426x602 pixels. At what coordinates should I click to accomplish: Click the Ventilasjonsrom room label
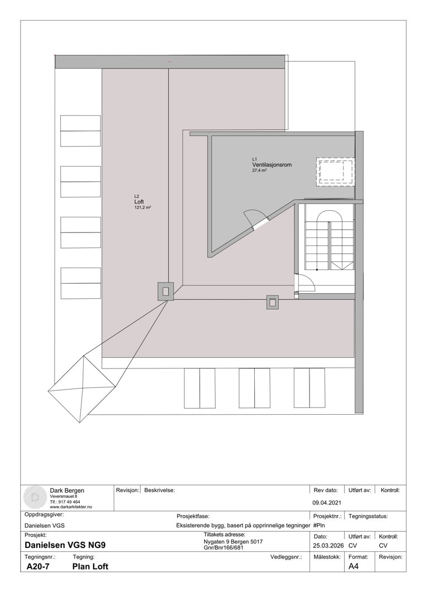(272, 165)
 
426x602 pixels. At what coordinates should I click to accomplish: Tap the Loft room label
(139, 202)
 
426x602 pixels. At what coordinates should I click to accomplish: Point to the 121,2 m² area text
(143, 207)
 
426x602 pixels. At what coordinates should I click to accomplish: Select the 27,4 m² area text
(259, 171)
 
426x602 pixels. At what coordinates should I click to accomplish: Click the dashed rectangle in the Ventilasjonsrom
(335, 172)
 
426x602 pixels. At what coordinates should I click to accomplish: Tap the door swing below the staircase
(307, 283)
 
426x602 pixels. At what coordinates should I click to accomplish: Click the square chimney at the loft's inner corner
(166, 290)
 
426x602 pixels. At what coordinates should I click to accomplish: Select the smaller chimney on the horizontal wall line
(273, 302)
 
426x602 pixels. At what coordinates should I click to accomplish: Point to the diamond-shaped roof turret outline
(84, 383)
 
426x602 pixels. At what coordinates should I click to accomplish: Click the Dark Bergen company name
(67, 491)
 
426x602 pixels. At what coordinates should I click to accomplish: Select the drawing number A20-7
(37, 566)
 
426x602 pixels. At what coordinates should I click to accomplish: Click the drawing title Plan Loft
(90, 566)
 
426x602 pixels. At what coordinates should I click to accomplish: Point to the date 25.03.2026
(326, 545)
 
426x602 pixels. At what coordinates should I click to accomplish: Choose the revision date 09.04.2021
(326, 502)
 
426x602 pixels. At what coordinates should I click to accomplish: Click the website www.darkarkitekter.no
(71, 507)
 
